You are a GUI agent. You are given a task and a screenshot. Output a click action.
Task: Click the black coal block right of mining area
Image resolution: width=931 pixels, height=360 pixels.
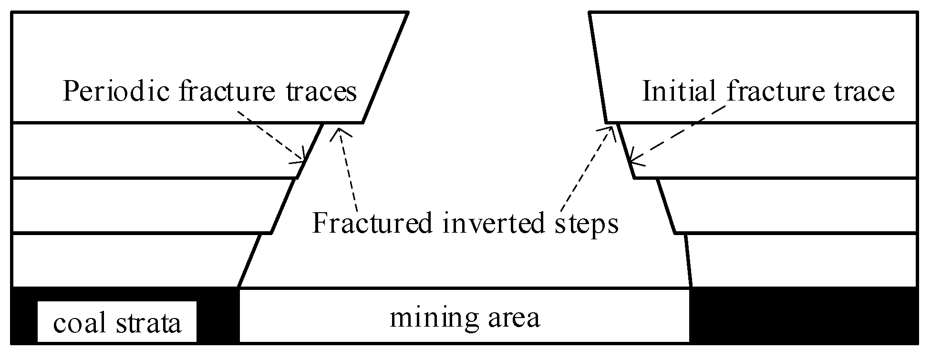[804, 315]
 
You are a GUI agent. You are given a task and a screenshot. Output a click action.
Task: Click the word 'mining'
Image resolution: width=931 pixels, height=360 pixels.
[433, 318]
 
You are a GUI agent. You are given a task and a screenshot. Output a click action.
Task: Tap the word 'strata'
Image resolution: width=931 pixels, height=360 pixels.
[149, 323]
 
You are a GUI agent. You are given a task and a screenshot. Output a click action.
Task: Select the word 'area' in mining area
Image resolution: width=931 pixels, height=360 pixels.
[517, 318]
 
